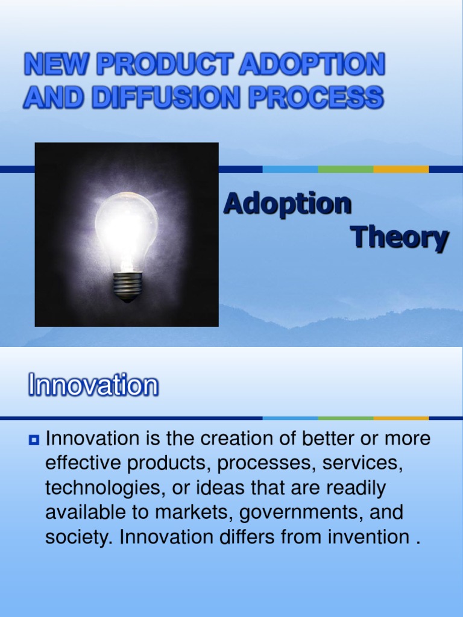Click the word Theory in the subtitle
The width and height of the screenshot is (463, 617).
coord(399,239)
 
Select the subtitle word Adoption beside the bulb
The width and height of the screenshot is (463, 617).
coord(287,204)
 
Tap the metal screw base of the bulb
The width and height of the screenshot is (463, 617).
coord(127,286)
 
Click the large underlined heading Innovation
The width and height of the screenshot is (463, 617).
coord(93,386)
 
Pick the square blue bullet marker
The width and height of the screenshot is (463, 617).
coord(34,440)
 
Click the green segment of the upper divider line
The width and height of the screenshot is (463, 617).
coord(345,169)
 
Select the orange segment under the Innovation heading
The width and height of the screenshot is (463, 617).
coord(400,418)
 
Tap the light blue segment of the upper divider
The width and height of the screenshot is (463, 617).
coord(290,169)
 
